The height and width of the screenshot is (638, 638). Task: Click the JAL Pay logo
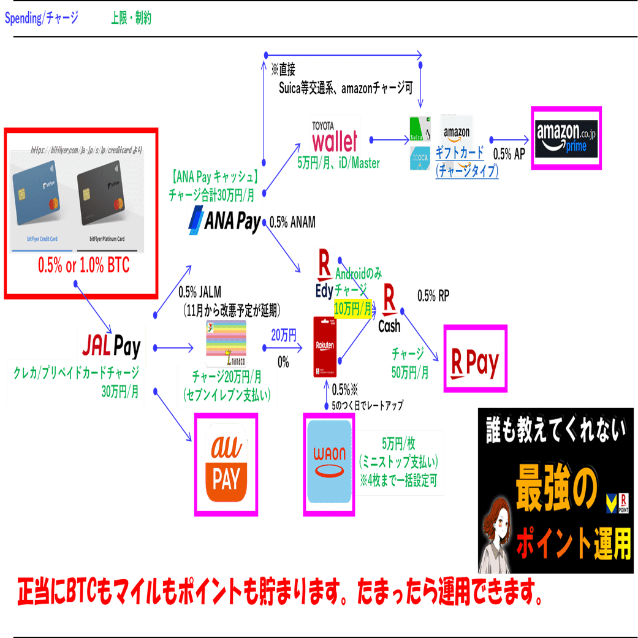pos(111,347)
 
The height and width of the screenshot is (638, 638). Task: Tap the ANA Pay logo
pos(224,221)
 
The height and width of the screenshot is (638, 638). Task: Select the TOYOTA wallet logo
pos(334,137)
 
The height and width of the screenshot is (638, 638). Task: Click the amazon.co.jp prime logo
pos(566,139)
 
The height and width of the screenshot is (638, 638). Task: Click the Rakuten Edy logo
pos(324,273)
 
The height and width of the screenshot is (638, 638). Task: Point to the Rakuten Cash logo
pos(389,308)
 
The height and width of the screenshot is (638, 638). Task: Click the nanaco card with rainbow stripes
pos(226,343)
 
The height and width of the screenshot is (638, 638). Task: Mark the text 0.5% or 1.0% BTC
pos(83,266)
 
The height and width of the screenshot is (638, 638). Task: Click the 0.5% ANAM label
pos(292,223)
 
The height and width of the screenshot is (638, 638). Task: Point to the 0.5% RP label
pos(433,296)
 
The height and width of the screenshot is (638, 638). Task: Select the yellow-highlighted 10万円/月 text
pos(353,308)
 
